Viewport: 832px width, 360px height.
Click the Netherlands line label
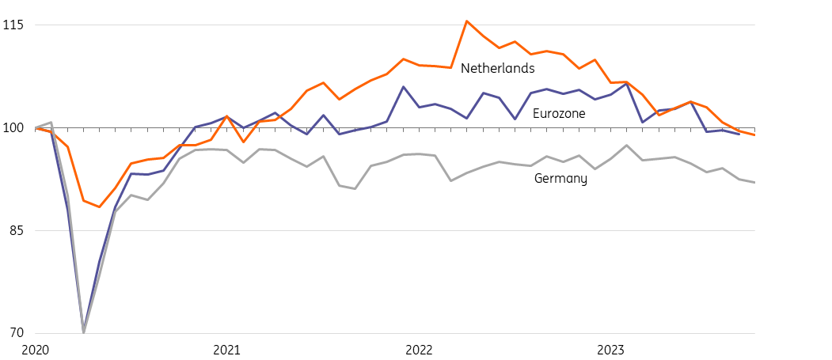[x=497, y=69]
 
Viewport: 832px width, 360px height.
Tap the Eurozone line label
[x=559, y=114]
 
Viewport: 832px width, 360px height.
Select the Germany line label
[x=560, y=179]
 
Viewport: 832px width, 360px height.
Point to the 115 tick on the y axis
[x=13, y=25]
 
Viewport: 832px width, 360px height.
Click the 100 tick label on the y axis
[x=13, y=128]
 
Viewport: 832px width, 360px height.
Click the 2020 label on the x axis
[x=36, y=349]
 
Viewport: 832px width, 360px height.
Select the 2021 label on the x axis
[x=227, y=349]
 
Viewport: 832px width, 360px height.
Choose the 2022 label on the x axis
[x=419, y=349]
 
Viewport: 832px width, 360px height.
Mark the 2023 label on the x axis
[x=611, y=349]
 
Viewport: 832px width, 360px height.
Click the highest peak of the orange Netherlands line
[x=467, y=21]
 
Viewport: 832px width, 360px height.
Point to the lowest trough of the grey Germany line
[x=83, y=332]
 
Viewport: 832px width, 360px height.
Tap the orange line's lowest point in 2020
[x=99, y=207]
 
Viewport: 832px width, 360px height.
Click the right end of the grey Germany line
[x=754, y=183]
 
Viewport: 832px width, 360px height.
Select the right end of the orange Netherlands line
[x=754, y=135]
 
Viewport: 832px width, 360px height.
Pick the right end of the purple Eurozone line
[x=739, y=134]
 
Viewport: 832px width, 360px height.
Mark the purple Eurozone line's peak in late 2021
[x=403, y=86]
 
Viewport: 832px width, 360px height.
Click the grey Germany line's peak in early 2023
[x=627, y=145]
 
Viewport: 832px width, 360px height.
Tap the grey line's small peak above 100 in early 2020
[x=51, y=123]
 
